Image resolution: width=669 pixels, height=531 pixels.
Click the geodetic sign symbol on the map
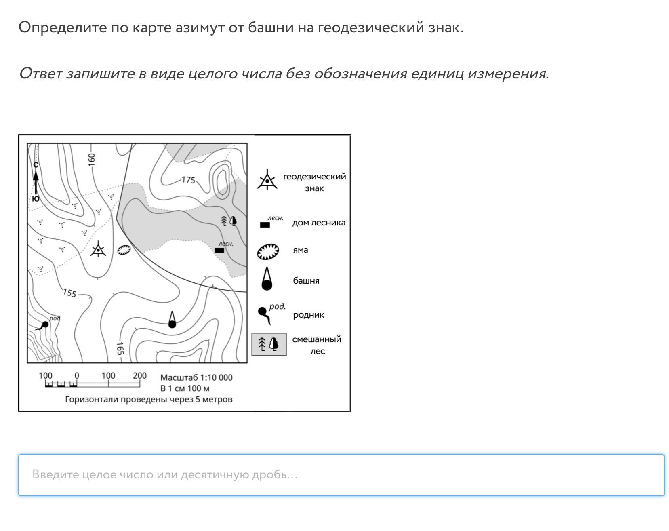98,250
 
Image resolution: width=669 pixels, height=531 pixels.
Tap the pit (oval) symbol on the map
124,250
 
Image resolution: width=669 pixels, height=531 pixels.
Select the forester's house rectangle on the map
219,250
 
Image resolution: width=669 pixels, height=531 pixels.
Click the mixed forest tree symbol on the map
229,221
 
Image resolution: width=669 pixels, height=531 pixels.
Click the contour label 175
188,180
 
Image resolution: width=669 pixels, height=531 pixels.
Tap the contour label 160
92,159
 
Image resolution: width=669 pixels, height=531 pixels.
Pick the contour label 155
69,293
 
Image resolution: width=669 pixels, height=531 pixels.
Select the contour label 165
120,348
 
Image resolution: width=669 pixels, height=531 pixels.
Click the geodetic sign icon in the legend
267,181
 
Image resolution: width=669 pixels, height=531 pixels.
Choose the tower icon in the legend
267,279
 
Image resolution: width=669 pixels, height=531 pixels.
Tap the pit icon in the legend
268,251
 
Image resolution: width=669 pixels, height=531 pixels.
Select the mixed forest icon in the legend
269,344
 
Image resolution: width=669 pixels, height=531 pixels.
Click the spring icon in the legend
265,315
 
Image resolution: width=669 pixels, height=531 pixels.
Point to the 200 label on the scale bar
139,375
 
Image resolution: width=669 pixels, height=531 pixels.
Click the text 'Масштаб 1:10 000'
196,377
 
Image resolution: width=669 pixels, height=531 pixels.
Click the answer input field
341,475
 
